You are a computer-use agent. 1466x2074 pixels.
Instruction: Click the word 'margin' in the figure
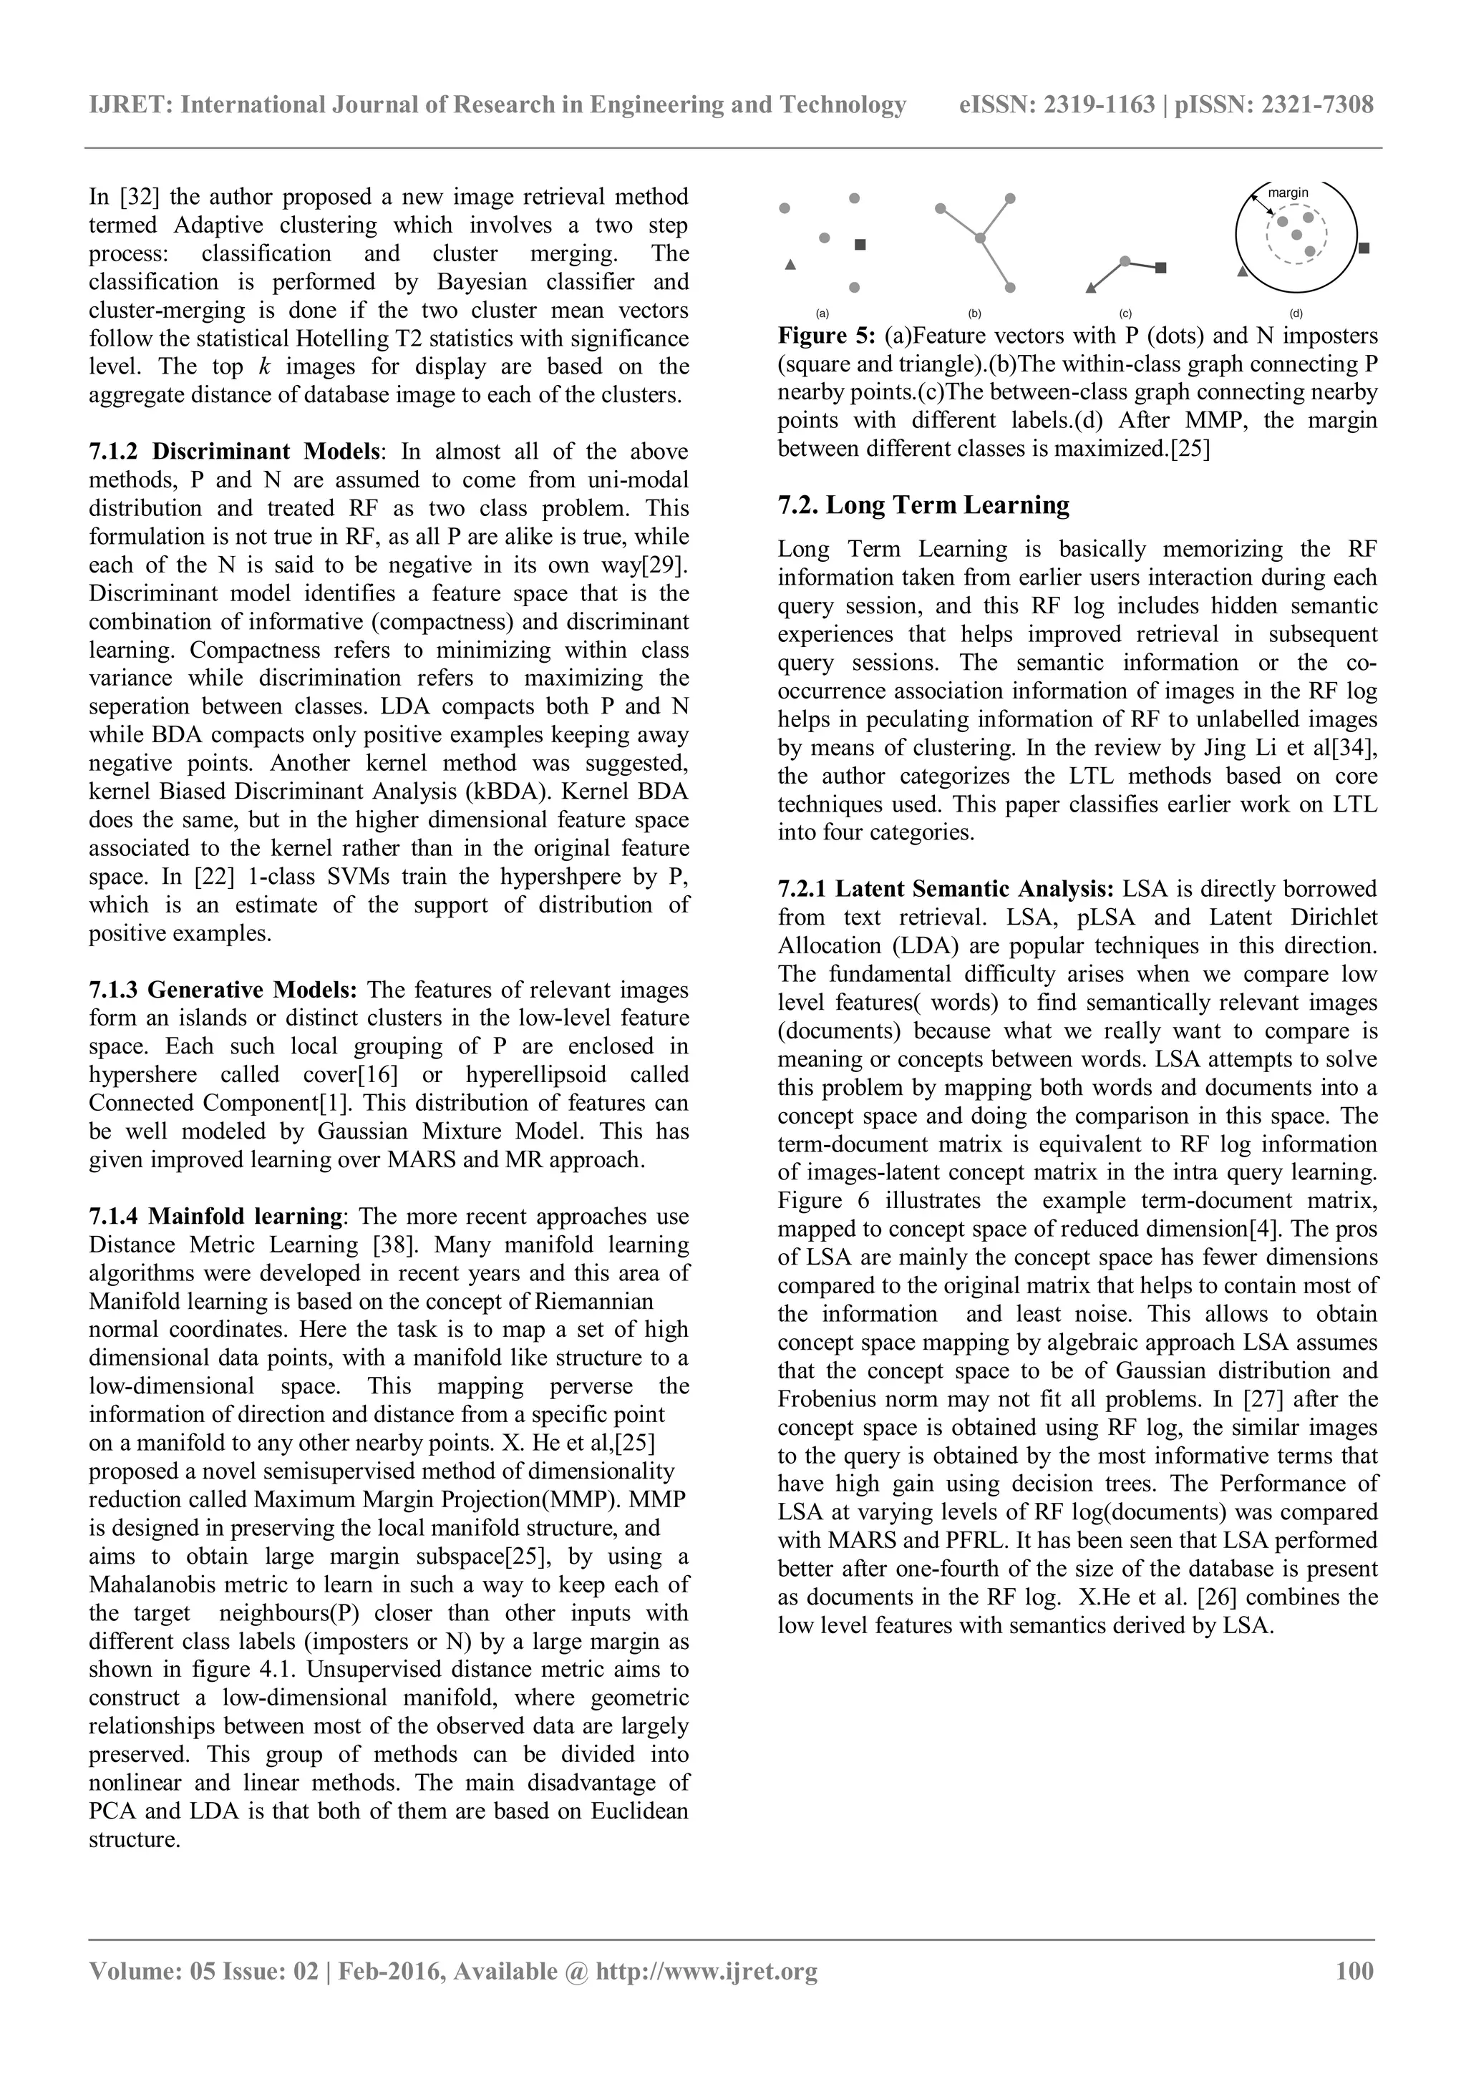(1287, 193)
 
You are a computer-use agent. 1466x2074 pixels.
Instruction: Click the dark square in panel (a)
(860, 245)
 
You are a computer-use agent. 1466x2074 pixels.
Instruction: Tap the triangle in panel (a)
(790, 265)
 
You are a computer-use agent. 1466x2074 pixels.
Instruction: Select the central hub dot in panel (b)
(979, 238)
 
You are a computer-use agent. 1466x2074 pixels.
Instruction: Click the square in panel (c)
(1162, 268)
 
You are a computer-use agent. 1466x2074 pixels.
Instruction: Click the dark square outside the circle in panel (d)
(1364, 248)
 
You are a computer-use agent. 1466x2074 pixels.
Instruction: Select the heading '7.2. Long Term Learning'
(923, 505)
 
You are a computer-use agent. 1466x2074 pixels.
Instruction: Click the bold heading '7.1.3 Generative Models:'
(223, 990)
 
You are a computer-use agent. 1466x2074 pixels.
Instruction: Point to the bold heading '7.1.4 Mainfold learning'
(215, 1217)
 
